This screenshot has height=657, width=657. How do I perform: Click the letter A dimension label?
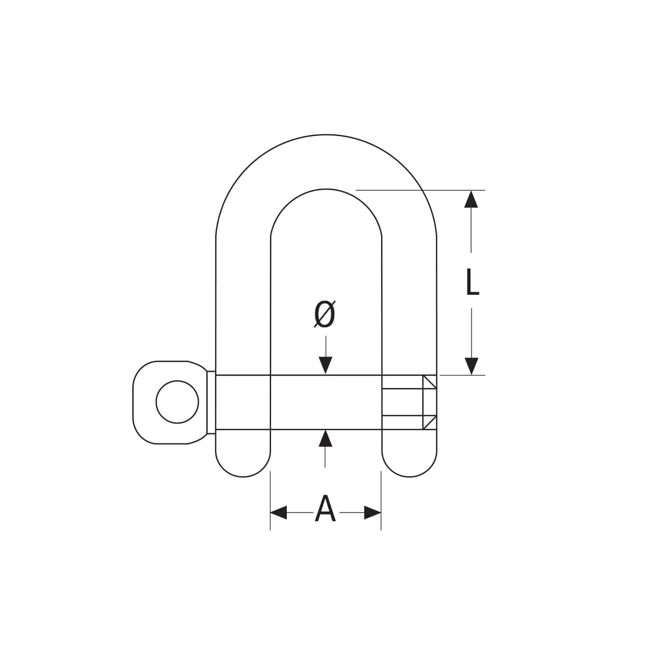pyautogui.click(x=325, y=509)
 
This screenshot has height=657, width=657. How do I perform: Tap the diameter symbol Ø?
pyautogui.click(x=325, y=314)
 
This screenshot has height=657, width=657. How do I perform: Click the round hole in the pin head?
pyautogui.click(x=177, y=402)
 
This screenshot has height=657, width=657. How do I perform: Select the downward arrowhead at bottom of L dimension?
pyautogui.click(x=471, y=366)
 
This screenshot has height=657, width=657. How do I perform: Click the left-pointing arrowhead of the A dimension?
pyautogui.click(x=279, y=512)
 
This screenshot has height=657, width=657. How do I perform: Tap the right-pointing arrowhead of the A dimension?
pyautogui.click(x=373, y=512)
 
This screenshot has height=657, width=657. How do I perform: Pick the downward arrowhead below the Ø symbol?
pyautogui.click(x=325, y=366)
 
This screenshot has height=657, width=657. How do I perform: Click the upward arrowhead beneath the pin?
pyautogui.click(x=325, y=438)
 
